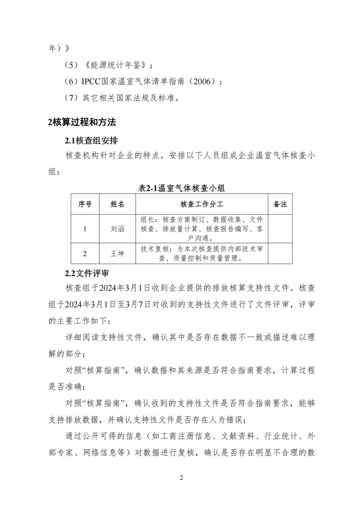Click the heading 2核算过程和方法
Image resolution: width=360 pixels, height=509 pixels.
82,122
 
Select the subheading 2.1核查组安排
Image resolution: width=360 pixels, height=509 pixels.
91,140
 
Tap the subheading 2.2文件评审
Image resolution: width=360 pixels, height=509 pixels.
87,273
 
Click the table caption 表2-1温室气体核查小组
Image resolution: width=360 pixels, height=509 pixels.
182,188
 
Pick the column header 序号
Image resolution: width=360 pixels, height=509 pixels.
85,204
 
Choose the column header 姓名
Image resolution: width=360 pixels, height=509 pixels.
117,204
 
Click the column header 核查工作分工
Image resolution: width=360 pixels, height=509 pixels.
202,204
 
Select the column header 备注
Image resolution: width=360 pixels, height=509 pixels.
280,204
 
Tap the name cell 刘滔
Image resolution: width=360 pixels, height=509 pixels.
117,229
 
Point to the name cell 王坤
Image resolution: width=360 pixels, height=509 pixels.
117,253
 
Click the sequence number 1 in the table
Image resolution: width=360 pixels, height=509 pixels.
85,229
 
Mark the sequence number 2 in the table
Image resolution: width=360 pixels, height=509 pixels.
85,253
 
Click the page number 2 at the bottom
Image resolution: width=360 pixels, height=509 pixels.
181,478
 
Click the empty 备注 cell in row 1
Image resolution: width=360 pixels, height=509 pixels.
280,229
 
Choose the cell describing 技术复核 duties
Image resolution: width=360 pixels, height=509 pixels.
202,253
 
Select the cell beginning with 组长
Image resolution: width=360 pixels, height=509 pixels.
202,229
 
